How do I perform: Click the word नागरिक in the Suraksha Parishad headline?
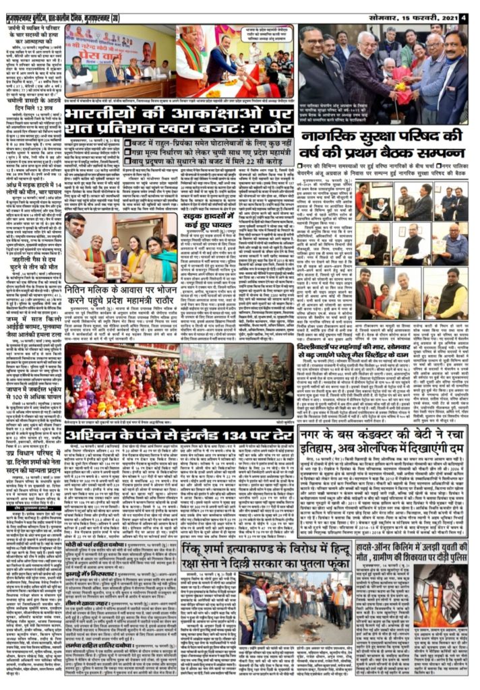[x=332, y=155]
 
